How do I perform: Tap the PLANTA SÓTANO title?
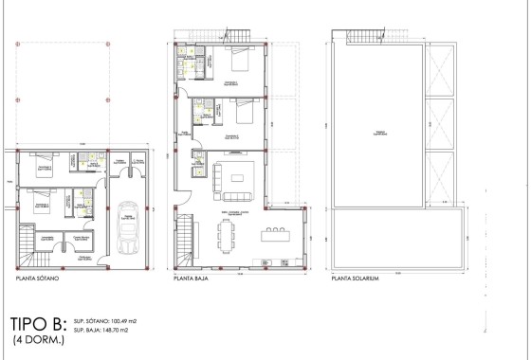(32, 280)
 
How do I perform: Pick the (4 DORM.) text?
(37, 339)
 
